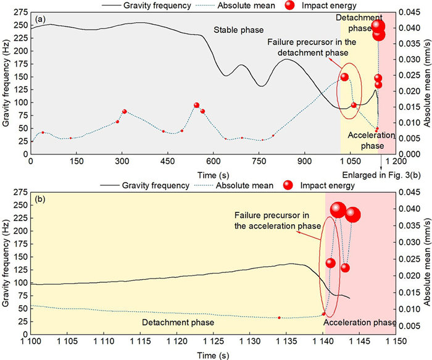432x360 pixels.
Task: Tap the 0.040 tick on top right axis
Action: [412, 28]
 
